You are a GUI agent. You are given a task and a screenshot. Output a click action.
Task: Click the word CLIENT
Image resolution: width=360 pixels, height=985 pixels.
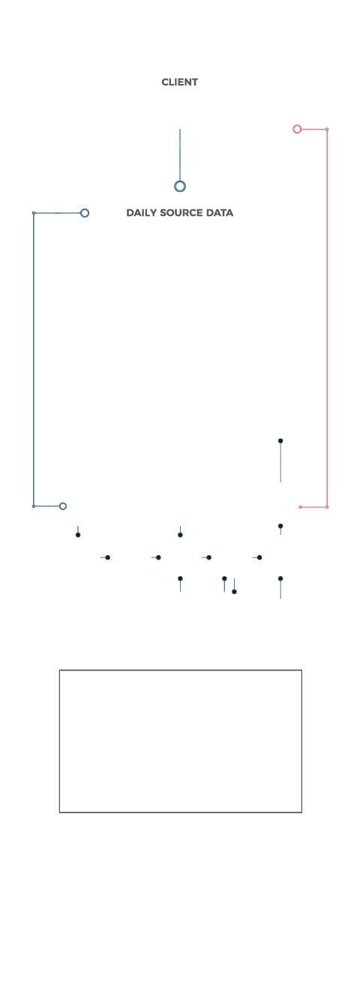pos(180,83)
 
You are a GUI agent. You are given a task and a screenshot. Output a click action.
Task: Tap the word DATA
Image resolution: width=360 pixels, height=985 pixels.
pos(219,213)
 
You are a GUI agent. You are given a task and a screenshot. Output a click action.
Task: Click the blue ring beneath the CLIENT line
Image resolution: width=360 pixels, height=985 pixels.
pos(180,181)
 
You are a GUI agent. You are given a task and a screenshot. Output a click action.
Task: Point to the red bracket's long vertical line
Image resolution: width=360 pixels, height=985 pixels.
pos(327,318)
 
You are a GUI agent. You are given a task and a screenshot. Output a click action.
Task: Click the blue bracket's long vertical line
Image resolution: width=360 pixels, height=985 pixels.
pos(34,359)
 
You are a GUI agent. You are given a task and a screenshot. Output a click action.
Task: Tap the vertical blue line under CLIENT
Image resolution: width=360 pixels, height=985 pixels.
pos(180,155)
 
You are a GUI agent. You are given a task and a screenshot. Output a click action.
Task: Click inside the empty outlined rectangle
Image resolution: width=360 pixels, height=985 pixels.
pos(181,741)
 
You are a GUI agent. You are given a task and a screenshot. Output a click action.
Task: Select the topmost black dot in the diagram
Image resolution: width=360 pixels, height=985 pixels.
pos(280,440)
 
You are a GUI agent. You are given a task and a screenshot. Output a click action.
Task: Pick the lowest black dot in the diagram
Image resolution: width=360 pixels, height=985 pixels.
pos(234,591)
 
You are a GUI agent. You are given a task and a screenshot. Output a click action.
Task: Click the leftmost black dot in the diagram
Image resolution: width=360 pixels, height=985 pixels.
pos(78,535)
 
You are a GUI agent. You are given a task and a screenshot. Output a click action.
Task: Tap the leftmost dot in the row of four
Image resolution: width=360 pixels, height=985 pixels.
pos(108,557)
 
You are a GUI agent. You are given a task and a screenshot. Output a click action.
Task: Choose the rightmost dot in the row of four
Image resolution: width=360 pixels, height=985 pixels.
pos(259,557)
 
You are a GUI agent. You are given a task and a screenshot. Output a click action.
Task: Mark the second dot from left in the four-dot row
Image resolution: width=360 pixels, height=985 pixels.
pos(158,557)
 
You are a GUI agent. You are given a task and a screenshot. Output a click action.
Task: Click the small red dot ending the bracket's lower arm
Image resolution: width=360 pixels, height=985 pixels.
pos(300,507)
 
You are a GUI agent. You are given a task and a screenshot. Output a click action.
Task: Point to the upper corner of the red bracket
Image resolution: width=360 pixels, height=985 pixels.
pos(327,129)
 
